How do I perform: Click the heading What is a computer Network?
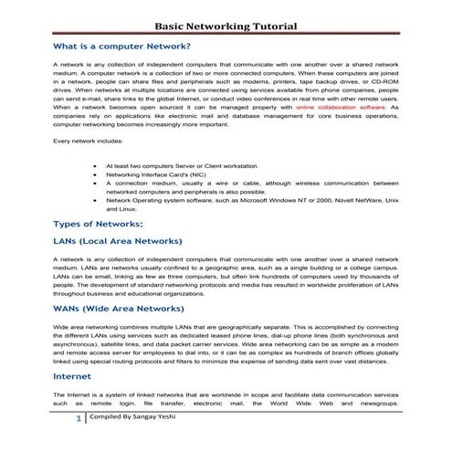tap(121, 46)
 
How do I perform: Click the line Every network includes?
tap(86, 142)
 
